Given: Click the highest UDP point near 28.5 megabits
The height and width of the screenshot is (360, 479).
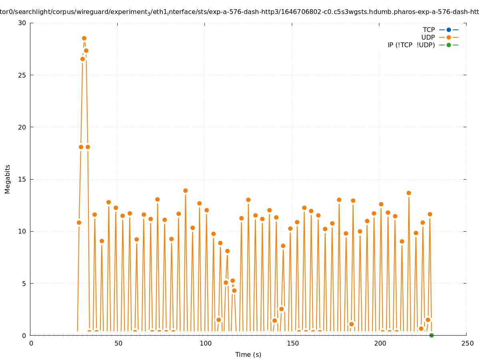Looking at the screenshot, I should coord(84,38).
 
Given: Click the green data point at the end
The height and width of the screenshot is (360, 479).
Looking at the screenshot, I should coord(431,335).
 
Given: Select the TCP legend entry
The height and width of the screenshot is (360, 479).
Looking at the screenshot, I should coord(429,30).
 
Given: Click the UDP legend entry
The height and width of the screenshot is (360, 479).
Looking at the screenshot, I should coord(428,38).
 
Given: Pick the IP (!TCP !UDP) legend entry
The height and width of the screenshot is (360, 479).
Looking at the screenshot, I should coord(411,45).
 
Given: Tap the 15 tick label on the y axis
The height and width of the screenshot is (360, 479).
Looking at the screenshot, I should coord(22,179).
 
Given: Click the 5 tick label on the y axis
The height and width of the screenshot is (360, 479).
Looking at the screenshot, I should coord(24,284).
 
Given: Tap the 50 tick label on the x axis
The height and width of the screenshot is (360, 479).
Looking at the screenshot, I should coord(118,344).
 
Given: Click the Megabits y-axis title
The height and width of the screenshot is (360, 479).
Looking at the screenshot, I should coord(8,179).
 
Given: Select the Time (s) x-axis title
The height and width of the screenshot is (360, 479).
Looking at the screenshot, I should coord(248,355).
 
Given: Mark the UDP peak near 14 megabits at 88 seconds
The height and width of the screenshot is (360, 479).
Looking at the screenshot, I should coord(185,191).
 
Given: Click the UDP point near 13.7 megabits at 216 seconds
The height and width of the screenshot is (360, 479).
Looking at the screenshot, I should coord(409,193).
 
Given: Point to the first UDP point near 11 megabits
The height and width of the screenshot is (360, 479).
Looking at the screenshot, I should coord(79,222).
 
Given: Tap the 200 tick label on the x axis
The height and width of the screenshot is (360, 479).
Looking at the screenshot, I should coord(380,344).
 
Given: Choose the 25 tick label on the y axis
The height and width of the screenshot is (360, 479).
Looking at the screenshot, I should coord(22,75).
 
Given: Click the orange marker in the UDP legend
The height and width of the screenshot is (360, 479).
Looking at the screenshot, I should coord(449,38).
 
